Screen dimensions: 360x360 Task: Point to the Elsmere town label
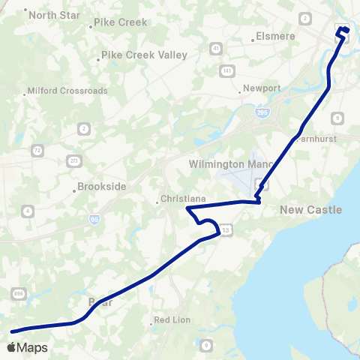pyautogui.click(x=278, y=35)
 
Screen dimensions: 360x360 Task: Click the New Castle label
pyautogui.click(x=310, y=210)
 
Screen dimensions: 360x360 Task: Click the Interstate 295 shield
pyautogui.click(x=260, y=112)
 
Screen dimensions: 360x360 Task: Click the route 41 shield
pyautogui.click(x=216, y=49)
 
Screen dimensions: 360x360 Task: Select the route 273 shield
pyautogui.click(x=73, y=160)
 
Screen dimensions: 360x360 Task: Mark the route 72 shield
pyautogui.click(x=37, y=151)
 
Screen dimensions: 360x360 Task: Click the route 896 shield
pyautogui.click(x=17, y=295)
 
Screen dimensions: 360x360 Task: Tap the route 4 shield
pyautogui.click(x=28, y=211)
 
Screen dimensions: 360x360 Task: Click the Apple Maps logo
pyautogui.click(x=27, y=347)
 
